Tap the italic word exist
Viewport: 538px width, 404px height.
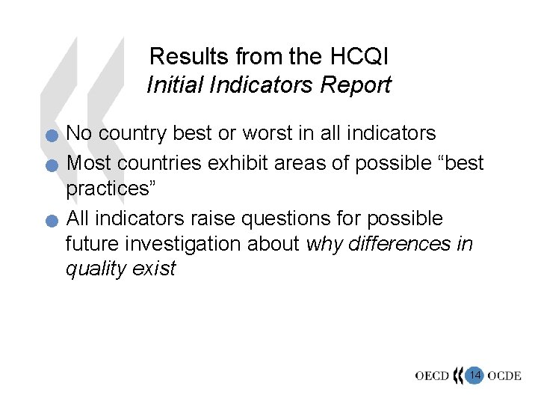point(154,269)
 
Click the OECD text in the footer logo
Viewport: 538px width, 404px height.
point(432,376)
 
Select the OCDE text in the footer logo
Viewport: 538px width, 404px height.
point(504,376)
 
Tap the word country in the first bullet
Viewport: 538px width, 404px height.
point(131,133)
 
